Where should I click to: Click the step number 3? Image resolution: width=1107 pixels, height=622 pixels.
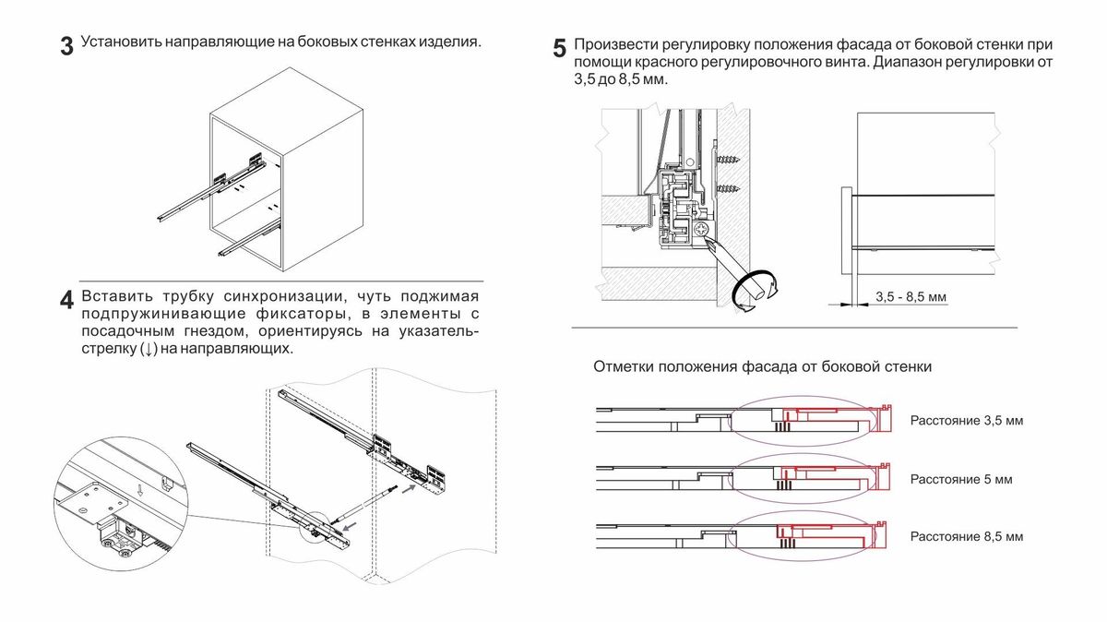coord(66,47)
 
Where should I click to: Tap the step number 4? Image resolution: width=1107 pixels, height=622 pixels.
coord(66,301)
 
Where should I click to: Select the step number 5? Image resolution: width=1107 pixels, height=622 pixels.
coord(559,49)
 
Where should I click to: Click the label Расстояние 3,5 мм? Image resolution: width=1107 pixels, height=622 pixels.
coord(966,421)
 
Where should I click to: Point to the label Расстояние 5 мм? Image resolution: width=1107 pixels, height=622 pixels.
coord(960,480)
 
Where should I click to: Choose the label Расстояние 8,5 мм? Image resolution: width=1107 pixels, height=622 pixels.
coord(966,536)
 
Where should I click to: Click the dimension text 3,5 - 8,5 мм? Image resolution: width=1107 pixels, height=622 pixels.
coord(911,297)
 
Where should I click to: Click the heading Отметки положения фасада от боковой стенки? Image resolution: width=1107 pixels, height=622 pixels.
coord(762,366)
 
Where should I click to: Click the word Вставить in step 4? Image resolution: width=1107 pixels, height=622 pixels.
coord(113,296)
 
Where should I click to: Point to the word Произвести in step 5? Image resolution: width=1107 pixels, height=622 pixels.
coord(614,45)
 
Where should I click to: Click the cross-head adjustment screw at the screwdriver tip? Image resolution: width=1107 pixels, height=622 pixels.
coord(703,229)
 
